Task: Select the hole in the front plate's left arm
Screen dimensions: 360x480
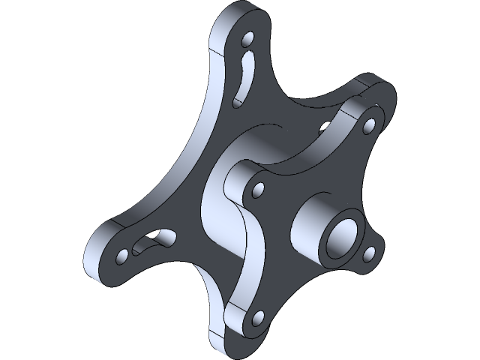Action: coord(259,189)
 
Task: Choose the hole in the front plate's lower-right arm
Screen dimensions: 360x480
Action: coord(368,253)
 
